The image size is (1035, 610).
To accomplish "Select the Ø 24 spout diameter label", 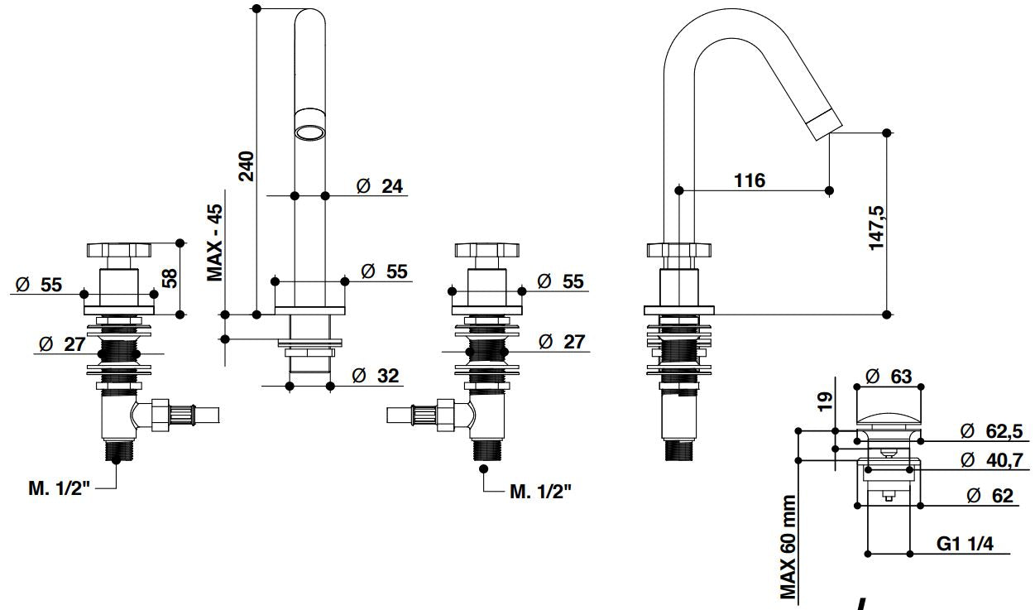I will click(380, 186).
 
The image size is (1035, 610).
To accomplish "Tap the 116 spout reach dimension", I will click(750, 180).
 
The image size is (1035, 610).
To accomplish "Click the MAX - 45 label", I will click(216, 243).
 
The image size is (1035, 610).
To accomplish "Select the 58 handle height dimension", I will click(170, 277).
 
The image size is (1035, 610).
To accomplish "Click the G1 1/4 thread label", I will click(965, 544).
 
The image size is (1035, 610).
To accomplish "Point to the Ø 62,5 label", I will click(991, 430).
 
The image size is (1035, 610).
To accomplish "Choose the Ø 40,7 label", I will click(991, 459).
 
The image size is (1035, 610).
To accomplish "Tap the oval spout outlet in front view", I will click(310, 132).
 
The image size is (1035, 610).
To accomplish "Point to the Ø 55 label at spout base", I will click(385, 271).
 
